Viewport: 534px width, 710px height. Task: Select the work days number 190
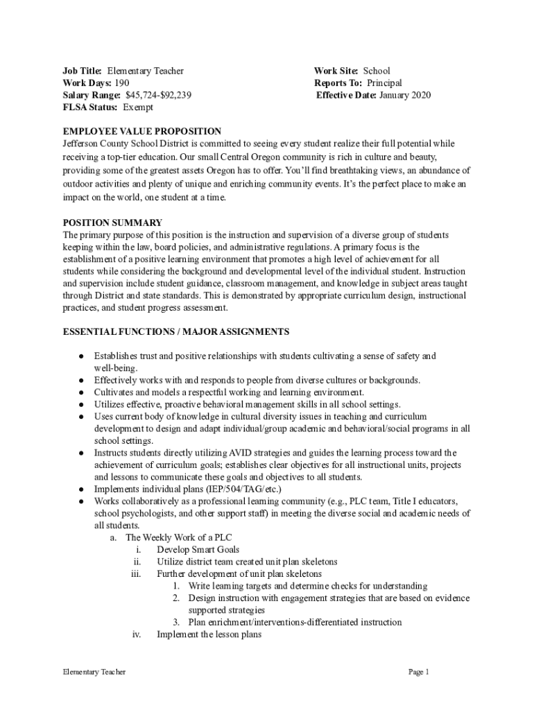(x=121, y=83)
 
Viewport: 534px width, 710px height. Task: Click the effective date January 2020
(x=405, y=95)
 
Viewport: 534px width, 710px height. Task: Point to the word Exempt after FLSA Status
(x=138, y=107)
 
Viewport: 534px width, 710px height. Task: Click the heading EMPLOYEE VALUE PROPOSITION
(x=142, y=131)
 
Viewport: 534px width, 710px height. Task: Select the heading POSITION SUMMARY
(x=112, y=223)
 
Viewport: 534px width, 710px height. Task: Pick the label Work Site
(x=336, y=71)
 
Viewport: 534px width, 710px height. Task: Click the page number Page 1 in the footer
(x=420, y=672)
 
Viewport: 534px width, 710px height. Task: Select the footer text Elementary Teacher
(x=94, y=672)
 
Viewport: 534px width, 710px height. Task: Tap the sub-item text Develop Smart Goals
(x=198, y=549)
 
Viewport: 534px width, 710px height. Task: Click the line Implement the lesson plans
(x=209, y=634)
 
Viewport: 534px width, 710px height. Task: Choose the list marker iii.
(x=136, y=573)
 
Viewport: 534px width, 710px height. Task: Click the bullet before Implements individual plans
(x=81, y=489)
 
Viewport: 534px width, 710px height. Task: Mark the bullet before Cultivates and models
(x=81, y=392)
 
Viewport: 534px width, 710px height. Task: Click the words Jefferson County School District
(x=121, y=144)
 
